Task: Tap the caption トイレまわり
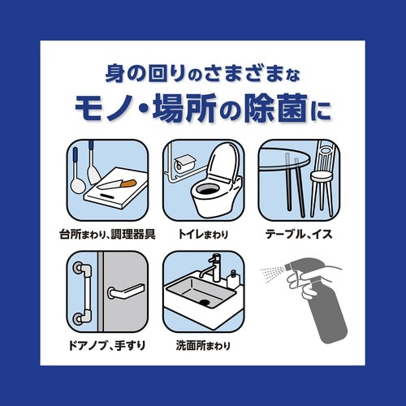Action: tap(203, 235)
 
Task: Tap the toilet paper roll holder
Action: tap(181, 162)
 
